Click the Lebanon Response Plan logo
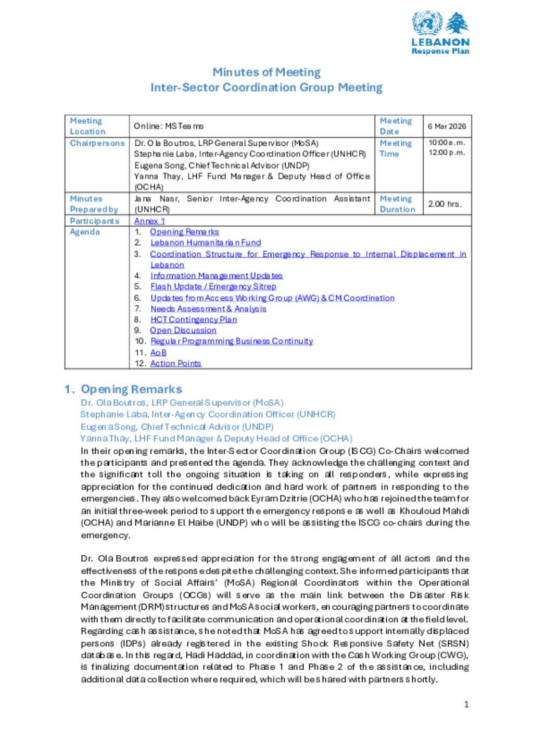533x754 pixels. coord(440,33)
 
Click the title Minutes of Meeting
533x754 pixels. coord(266,72)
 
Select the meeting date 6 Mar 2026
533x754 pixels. coord(447,126)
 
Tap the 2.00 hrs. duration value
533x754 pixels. coord(445,204)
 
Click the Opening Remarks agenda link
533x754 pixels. coord(184,232)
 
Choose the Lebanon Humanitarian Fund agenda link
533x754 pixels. coord(206,243)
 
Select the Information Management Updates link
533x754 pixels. coord(216,276)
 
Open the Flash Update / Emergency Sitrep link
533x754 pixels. coord(213,287)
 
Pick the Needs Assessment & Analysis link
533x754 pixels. coord(208,309)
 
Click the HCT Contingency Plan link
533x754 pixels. coord(193,320)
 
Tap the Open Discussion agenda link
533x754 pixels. coord(183,330)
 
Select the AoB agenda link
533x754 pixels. coord(158,353)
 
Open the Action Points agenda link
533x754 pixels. coord(175,364)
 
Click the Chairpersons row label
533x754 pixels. coord(97,143)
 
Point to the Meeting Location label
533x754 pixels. coord(87,126)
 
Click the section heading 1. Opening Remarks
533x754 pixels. coord(123,389)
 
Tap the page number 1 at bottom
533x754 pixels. coord(466,705)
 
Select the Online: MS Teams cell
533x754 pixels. coord(168,126)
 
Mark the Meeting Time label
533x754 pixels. coord(396,148)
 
